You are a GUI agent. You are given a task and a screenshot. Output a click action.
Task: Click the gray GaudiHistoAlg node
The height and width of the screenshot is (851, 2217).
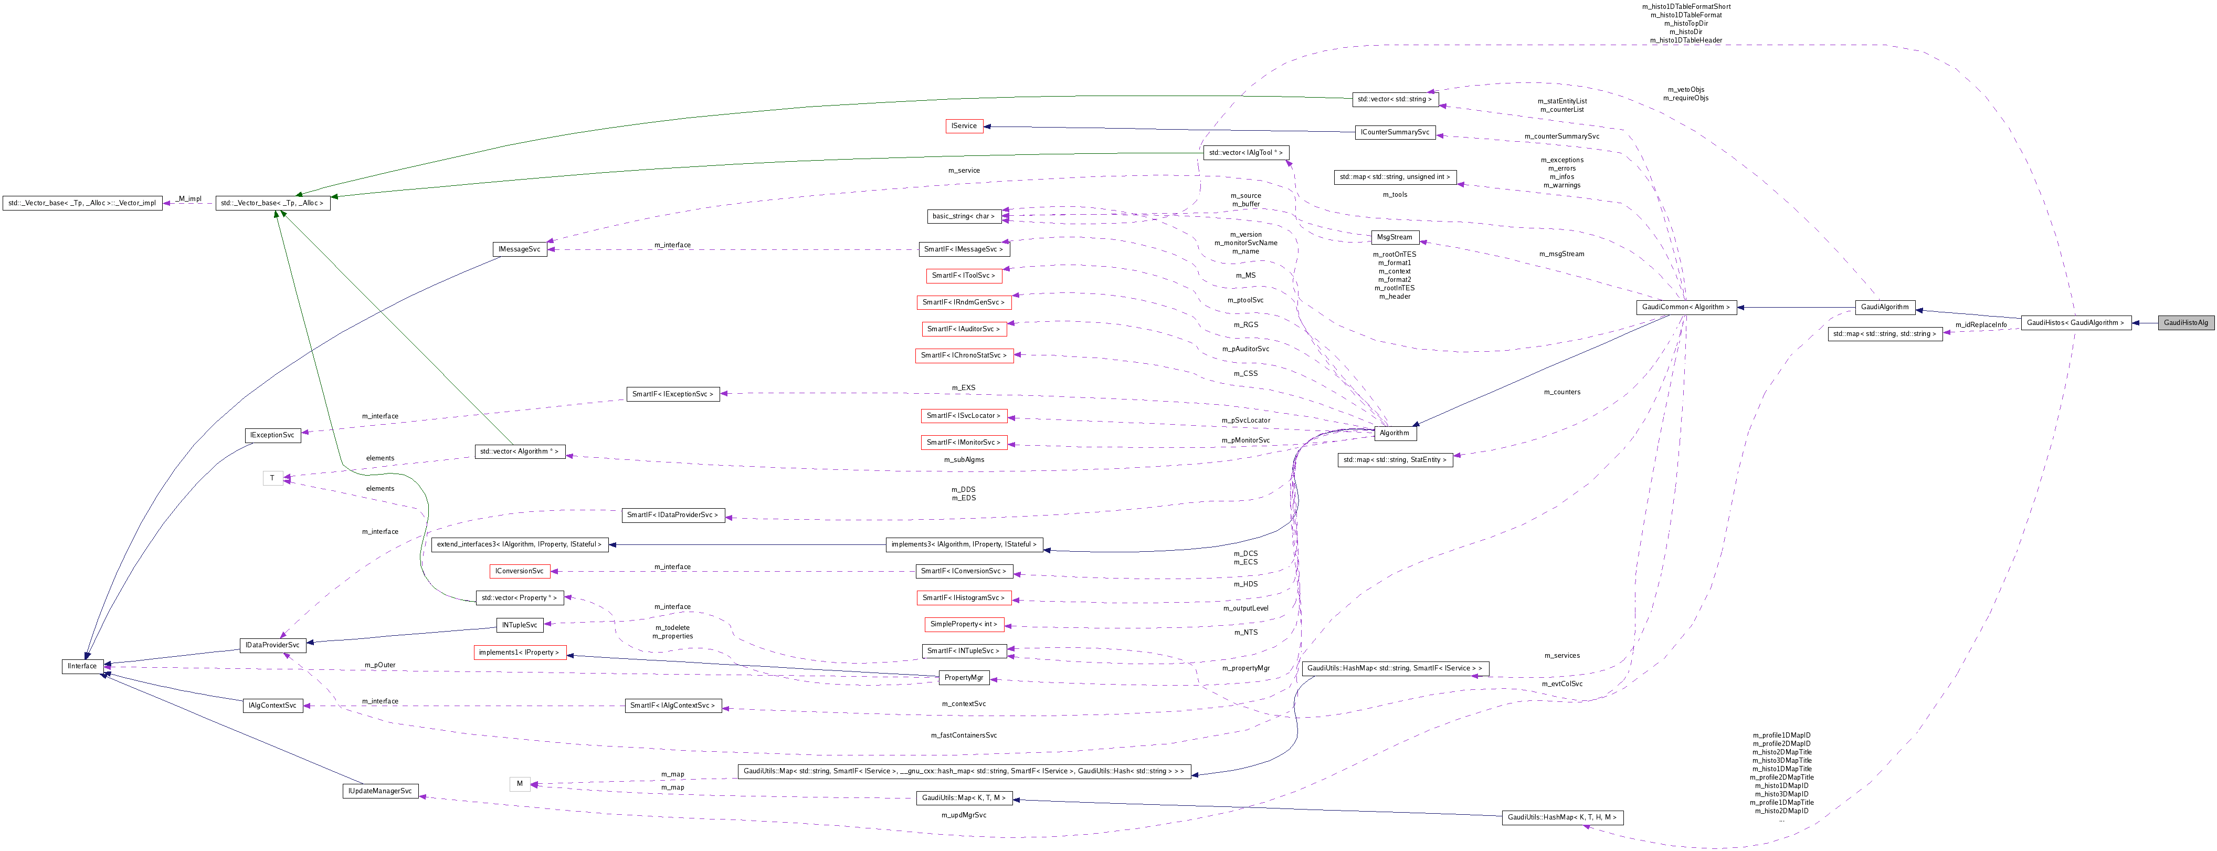[x=2185, y=323]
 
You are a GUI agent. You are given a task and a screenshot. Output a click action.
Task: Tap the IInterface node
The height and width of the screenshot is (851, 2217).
[x=82, y=666]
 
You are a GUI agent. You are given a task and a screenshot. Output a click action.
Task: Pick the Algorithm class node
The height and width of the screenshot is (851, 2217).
[x=1394, y=433]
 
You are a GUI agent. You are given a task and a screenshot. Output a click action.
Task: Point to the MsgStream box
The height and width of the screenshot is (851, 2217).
[x=1394, y=237]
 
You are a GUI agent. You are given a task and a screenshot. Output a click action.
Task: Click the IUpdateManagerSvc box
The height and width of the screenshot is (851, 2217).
[x=379, y=791]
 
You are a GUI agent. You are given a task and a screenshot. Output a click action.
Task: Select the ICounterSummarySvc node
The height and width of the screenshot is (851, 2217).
[x=1394, y=132]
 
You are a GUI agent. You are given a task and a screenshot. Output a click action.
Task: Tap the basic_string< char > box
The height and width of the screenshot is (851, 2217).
[x=963, y=216]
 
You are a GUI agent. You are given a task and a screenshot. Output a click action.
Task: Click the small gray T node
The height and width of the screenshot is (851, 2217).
[x=272, y=478]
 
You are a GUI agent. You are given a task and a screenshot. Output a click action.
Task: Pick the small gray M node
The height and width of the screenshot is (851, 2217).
[x=519, y=784]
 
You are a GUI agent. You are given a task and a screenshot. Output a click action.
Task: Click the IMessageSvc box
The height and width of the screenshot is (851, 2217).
[x=519, y=249]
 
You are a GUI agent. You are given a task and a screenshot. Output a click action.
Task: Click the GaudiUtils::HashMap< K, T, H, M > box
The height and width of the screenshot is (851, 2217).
[x=1561, y=817]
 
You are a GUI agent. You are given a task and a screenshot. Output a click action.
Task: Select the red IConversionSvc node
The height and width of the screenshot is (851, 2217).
[x=519, y=571]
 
